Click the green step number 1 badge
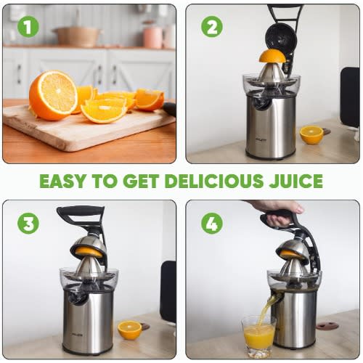click(x=28, y=27)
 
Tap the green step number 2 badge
click(x=212, y=27)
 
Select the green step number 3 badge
click(x=28, y=224)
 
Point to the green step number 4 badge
click(x=212, y=224)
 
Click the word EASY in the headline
click(x=62, y=181)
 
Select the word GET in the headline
click(x=141, y=181)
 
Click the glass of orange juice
click(x=258, y=336)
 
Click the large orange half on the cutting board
click(x=53, y=95)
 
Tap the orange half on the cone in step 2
click(x=272, y=56)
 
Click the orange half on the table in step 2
click(x=311, y=135)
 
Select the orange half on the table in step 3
click(x=130, y=330)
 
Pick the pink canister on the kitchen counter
click(x=152, y=36)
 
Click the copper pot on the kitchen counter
click(x=78, y=36)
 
